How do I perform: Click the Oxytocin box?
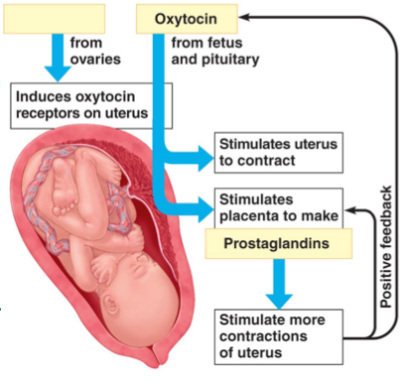[187, 19]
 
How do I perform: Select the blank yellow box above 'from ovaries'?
[55, 19]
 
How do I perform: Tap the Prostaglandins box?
[279, 243]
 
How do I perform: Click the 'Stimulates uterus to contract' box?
[279, 153]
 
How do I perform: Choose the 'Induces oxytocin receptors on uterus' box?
[91, 105]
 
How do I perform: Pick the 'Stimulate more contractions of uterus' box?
[279, 336]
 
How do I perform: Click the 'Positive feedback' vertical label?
[386, 247]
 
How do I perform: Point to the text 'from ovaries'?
[95, 51]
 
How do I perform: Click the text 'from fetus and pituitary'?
[215, 51]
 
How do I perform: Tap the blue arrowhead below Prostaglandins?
[279, 301]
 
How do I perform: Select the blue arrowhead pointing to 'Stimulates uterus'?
[205, 159]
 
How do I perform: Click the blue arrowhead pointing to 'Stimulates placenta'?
[205, 209]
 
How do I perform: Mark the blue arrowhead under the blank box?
[58, 73]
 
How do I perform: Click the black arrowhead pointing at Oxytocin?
[244, 17]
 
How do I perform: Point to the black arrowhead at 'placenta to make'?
[350, 209]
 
